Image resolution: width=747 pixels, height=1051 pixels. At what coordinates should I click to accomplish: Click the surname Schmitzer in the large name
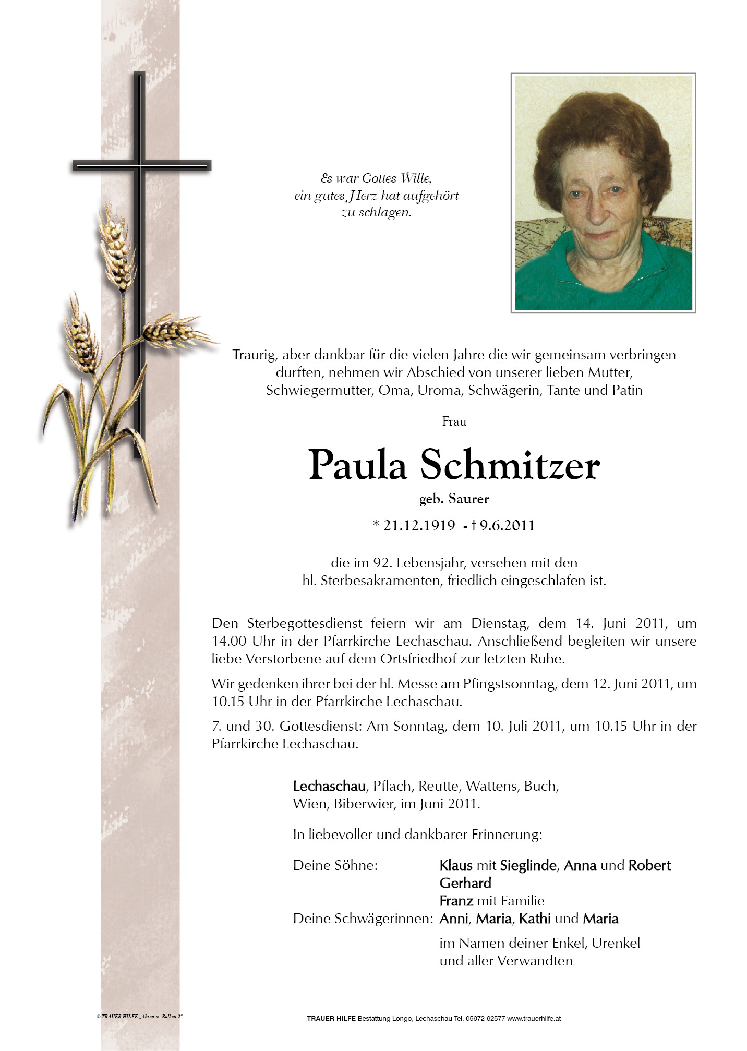510,465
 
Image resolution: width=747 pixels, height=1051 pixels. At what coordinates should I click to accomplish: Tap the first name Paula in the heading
357,465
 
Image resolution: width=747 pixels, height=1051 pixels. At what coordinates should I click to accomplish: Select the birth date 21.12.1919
419,525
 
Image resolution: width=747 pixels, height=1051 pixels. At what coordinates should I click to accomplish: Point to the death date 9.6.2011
507,525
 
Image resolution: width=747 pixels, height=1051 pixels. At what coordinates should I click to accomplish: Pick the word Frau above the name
454,421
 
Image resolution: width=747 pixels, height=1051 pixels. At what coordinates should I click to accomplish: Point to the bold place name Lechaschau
329,786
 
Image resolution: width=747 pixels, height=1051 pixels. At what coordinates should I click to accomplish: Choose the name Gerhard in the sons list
465,883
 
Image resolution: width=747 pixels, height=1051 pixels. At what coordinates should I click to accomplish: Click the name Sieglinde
528,865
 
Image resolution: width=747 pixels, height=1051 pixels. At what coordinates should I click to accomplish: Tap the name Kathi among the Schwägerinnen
535,919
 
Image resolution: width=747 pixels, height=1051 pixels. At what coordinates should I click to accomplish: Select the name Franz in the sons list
456,901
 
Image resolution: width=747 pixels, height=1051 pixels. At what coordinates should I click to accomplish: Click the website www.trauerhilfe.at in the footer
534,1018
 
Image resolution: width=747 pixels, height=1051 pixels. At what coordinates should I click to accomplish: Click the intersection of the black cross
139,166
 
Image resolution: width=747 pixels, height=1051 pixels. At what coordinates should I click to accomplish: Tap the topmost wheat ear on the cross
117,245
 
